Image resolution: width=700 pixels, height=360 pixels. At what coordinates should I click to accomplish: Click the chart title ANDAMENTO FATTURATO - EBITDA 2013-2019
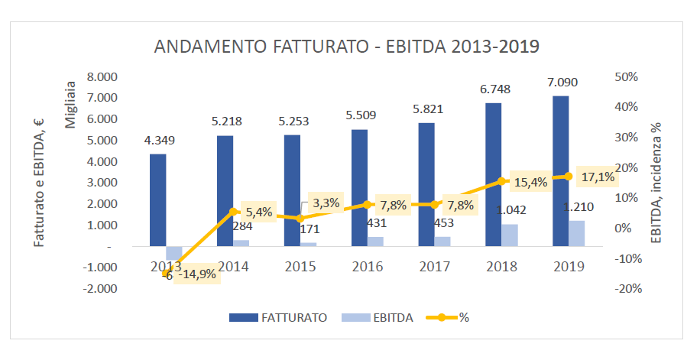(x=347, y=47)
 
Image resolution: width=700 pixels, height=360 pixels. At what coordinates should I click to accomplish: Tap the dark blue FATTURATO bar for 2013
(x=157, y=199)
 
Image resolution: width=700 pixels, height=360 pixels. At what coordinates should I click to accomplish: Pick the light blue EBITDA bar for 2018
(x=510, y=235)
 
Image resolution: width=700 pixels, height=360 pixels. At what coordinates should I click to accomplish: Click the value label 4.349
(x=159, y=140)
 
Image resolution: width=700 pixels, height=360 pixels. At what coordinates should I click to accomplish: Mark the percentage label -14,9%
(x=197, y=274)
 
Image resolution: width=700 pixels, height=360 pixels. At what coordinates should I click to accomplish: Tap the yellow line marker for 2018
(x=501, y=181)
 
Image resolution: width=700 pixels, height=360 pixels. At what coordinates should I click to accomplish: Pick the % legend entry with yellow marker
(x=451, y=317)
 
